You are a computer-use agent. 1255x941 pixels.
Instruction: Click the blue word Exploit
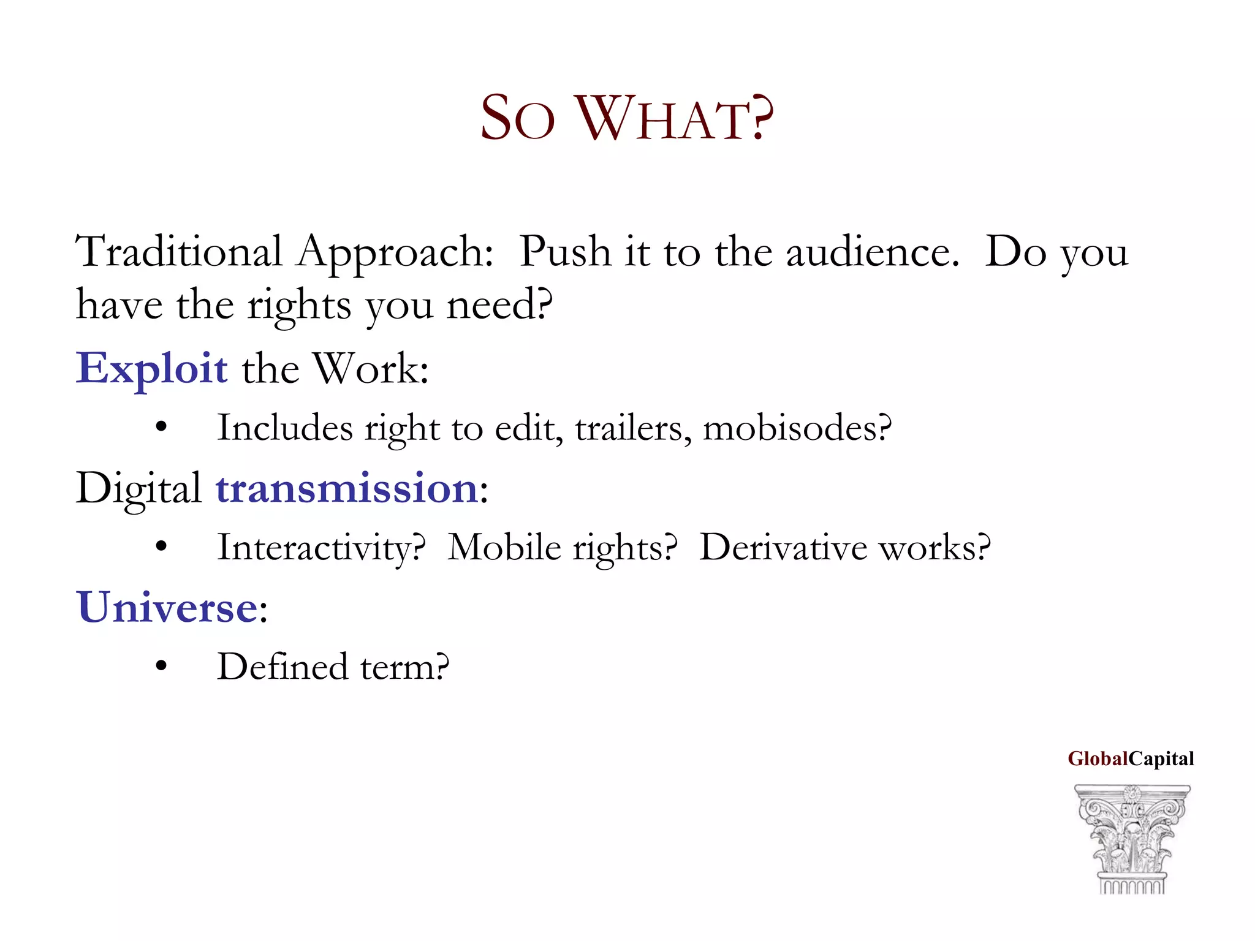tap(152, 369)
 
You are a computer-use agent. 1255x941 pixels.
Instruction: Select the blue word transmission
tap(347, 489)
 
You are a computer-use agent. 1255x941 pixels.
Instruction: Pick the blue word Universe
tap(167, 608)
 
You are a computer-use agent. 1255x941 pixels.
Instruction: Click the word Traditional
tap(178, 252)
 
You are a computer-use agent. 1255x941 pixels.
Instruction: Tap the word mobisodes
tap(797, 428)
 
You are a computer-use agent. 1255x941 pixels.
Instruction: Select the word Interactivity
tap(321, 548)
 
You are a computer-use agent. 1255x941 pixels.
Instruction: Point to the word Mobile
tap(504, 548)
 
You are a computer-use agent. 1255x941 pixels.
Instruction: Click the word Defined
tap(284, 667)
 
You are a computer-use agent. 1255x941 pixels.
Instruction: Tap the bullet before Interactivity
tap(161, 546)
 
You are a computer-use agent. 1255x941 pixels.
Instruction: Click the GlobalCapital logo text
tap(1131, 759)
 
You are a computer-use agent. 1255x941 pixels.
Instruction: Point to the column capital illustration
tap(1132, 839)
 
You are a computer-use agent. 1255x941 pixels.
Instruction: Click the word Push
tap(565, 252)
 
